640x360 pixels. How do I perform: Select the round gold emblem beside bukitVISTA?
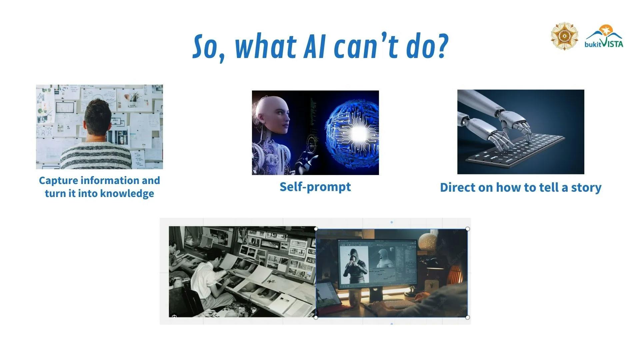point(564,36)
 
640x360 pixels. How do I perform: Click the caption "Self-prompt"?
point(315,187)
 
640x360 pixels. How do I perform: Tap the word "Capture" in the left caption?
point(58,181)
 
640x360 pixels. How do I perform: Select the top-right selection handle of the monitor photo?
point(468,229)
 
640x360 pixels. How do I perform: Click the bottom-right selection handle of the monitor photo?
point(468,317)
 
